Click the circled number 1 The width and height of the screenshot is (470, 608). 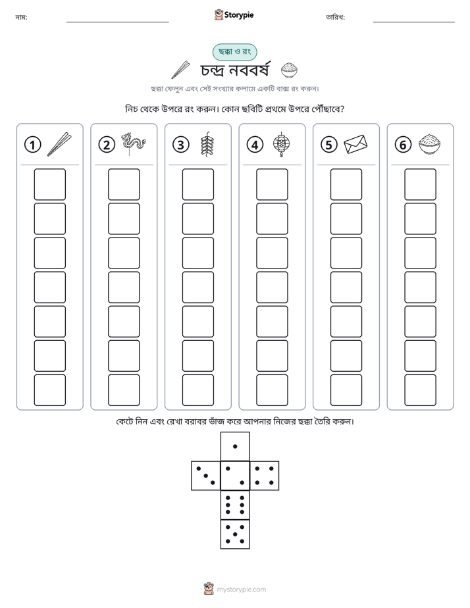point(32,145)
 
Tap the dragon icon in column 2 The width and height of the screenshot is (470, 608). point(133,144)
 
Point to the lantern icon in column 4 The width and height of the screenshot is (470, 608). point(282,144)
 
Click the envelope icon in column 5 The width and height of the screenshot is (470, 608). point(355,144)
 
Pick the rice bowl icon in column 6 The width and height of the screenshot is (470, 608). point(430,144)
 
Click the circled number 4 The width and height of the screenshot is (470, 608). point(255,145)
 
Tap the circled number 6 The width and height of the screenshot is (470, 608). point(403,145)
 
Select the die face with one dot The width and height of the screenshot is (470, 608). point(235,446)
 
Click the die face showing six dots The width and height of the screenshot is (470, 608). point(235,505)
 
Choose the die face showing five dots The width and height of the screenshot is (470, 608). point(235,534)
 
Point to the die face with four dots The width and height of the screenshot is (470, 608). point(265,476)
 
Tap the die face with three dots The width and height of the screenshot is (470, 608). point(206,476)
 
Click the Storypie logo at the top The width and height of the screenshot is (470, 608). point(234,14)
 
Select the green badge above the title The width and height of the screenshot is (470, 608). point(234,52)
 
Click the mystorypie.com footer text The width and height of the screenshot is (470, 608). point(241,590)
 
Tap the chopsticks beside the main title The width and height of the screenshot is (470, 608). point(180,70)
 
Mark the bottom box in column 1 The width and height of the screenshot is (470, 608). point(49,390)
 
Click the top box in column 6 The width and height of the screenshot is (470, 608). point(421,184)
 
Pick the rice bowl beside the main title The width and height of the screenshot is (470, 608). point(289,70)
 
